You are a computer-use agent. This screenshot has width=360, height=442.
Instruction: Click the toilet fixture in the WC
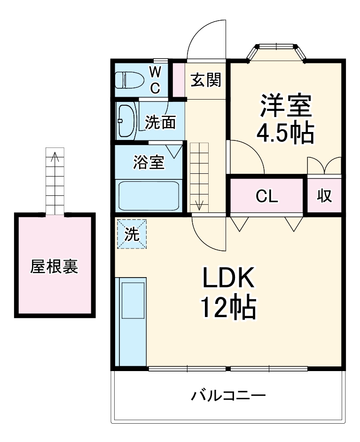pos(129,80)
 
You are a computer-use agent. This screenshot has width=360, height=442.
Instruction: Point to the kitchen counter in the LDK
pos(130,322)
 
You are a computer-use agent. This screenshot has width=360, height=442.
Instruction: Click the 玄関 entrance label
pos(205,80)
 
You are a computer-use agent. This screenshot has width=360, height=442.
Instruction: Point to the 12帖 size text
pos(229,307)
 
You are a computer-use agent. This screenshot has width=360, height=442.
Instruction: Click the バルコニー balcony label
pos(228,395)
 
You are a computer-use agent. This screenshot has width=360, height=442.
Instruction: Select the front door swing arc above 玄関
pos(207,40)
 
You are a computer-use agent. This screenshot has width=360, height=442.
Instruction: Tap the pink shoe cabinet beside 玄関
pos(178,80)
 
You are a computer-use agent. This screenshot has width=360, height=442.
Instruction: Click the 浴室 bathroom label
pos(149,163)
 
